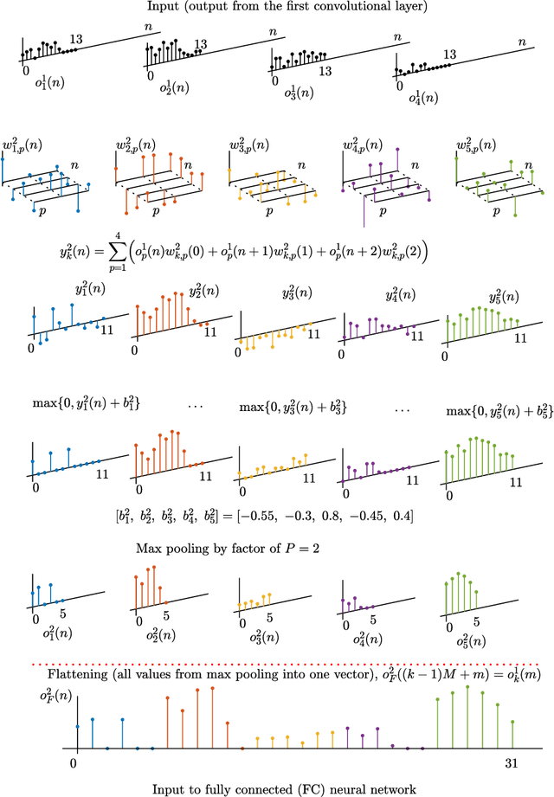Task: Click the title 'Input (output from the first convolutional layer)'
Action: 276,10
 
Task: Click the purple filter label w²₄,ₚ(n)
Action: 364,143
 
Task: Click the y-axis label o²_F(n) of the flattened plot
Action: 30,694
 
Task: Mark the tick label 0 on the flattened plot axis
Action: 74,763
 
